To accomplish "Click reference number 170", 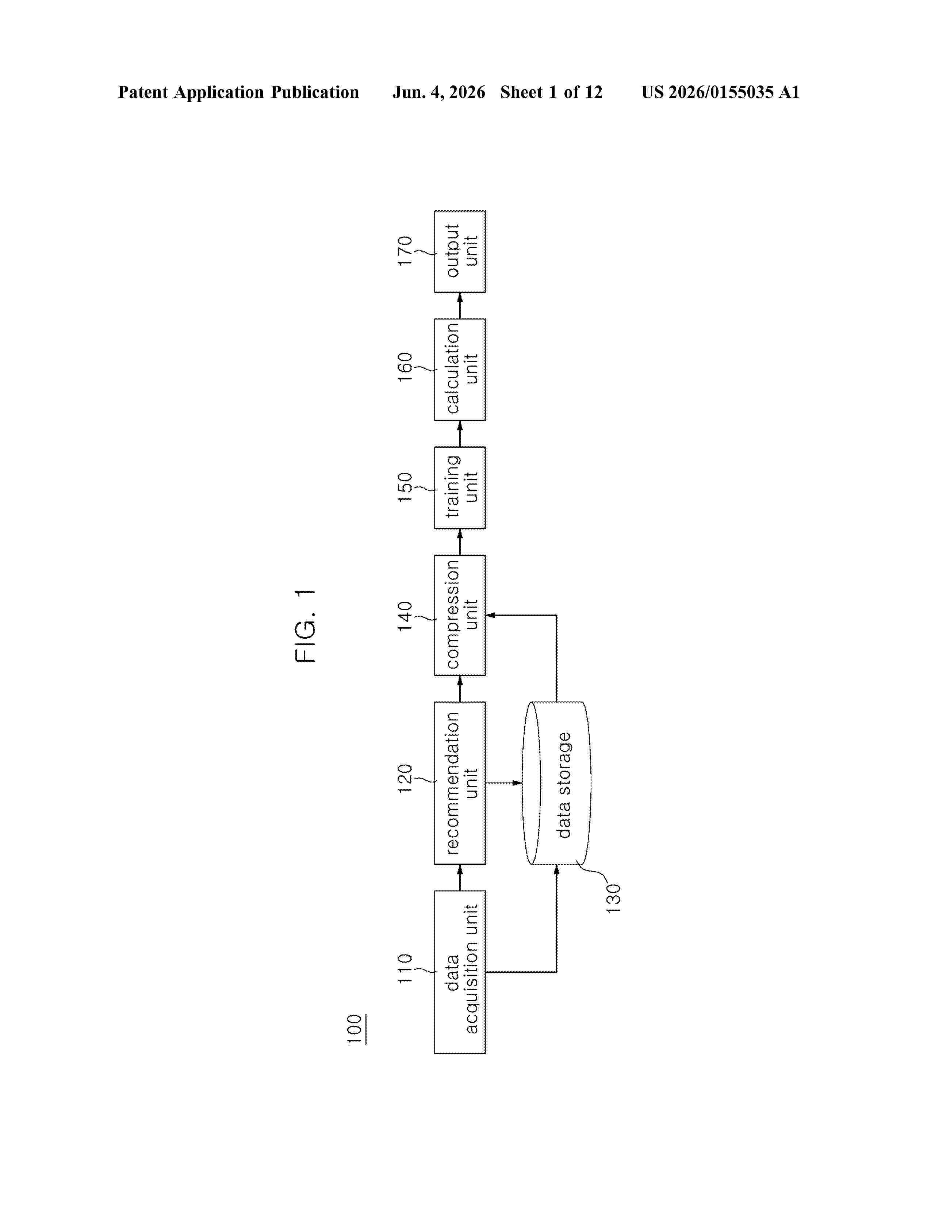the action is click(x=405, y=251).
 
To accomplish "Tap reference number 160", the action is click(x=405, y=367).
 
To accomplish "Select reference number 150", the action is click(x=405, y=487).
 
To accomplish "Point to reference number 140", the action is click(x=405, y=616).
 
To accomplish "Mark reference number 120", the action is click(x=405, y=779).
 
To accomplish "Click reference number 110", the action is click(x=405, y=968).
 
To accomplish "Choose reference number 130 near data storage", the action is click(x=613, y=898).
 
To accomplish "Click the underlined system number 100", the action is click(x=355, y=1029).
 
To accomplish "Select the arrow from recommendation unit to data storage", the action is click(x=503, y=783).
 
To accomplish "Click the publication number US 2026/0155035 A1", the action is click(x=720, y=92).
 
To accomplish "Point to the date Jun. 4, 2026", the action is click(x=439, y=92).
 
